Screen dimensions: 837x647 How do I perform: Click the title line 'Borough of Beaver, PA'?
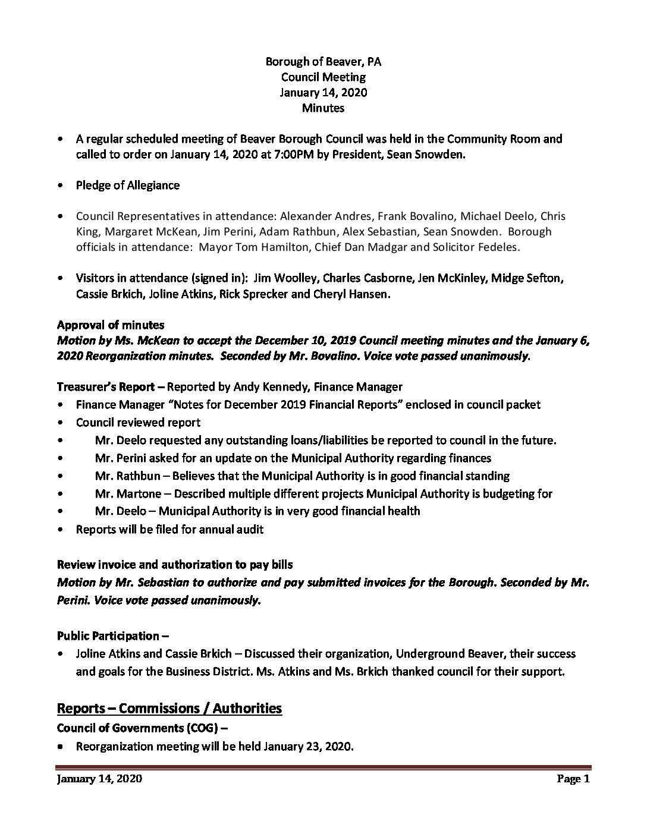(x=323, y=61)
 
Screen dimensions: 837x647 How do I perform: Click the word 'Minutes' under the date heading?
(x=323, y=108)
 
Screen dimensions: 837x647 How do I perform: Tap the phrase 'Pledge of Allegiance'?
(x=127, y=185)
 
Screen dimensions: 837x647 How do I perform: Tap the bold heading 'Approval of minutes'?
(x=111, y=325)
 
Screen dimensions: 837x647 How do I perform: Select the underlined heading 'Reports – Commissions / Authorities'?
(x=169, y=708)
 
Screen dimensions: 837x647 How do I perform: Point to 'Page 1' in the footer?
(x=573, y=779)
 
